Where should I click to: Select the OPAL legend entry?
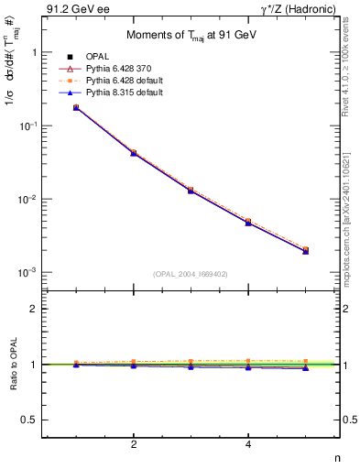(98, 56)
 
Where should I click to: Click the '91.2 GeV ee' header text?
(72, 10)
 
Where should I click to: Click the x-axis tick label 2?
(134, 446)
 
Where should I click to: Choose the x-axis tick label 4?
(249, 446)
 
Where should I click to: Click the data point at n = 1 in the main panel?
(76, 107)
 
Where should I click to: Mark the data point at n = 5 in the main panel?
(306, 250)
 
